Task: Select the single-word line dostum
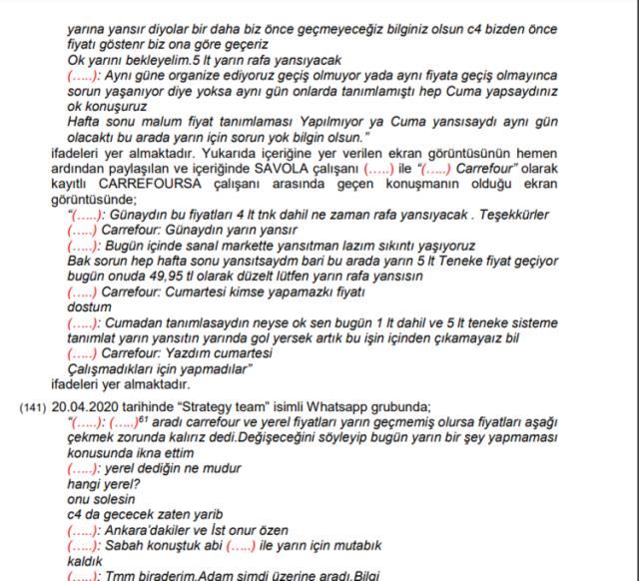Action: [87, 307]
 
